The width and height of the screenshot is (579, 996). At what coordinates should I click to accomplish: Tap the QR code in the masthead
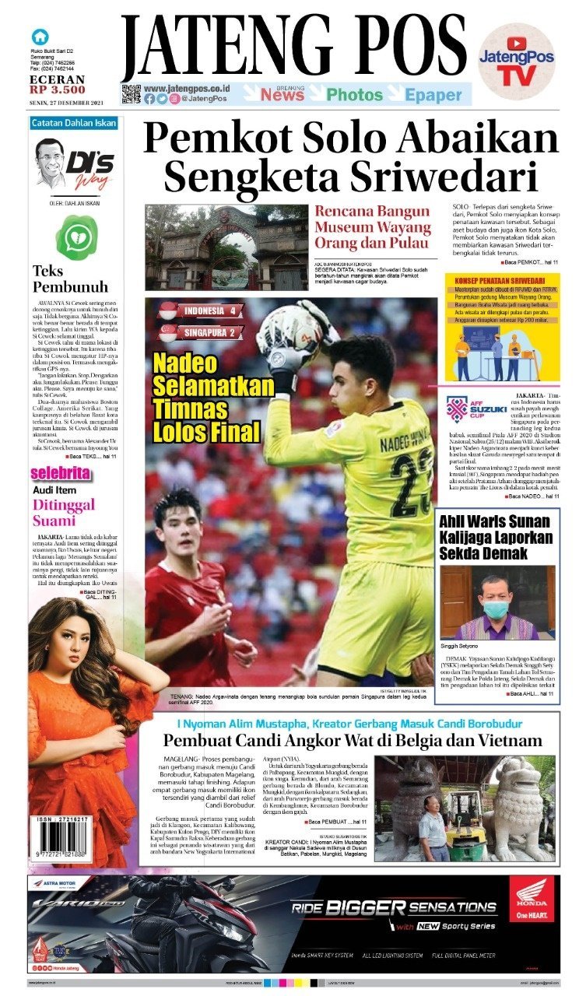131,94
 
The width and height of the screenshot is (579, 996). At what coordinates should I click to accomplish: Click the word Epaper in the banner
433,95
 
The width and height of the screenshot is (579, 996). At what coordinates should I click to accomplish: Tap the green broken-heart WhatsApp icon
77,237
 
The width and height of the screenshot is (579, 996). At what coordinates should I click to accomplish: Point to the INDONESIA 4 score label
201,311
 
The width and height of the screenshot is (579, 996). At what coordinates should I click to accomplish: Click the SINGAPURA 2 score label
201,333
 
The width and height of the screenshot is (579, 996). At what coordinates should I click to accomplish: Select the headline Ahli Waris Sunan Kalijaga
496,536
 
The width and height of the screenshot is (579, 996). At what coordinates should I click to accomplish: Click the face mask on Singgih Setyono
496,609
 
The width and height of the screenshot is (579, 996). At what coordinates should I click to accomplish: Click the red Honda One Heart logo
533,899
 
